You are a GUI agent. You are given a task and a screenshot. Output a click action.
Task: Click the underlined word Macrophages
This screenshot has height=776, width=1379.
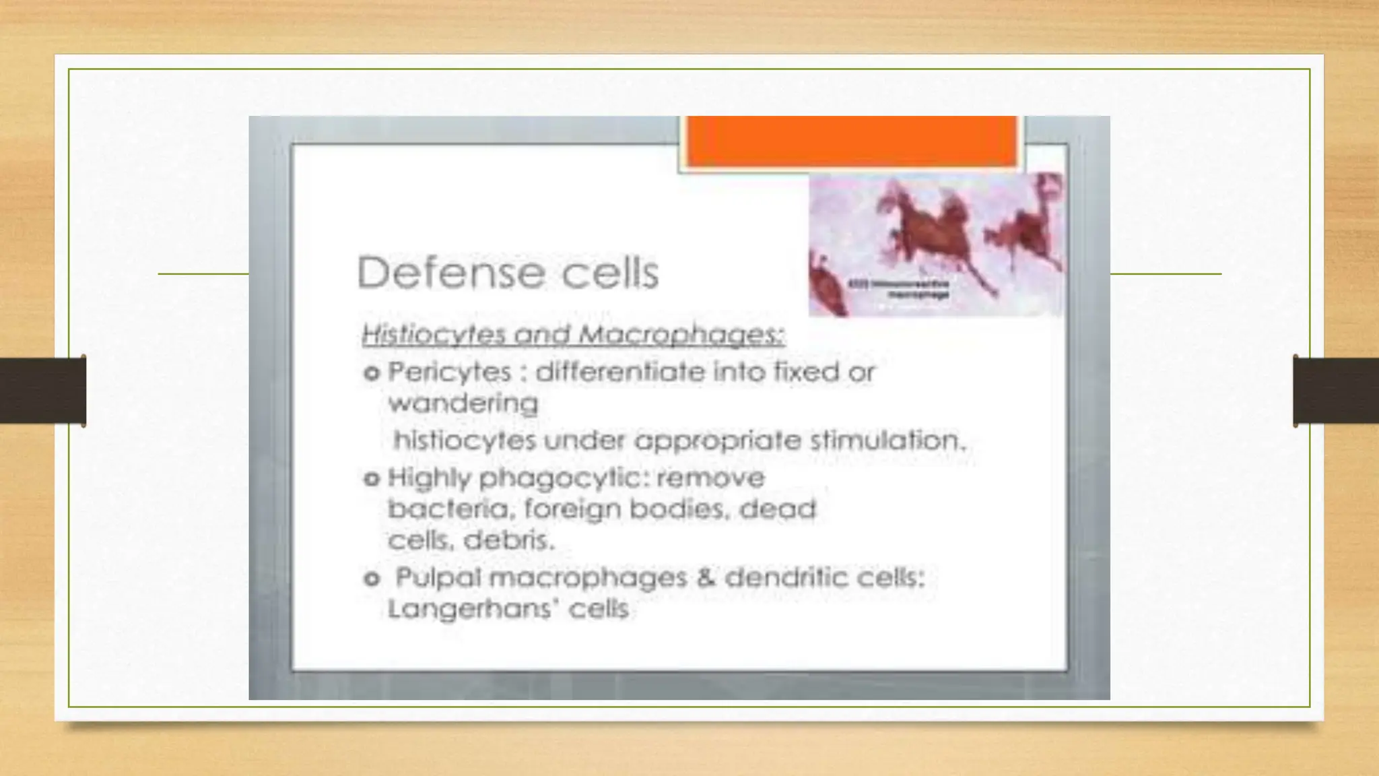tap(680, 335)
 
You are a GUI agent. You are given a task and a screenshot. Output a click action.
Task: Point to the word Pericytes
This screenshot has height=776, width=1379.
tap(449, 372)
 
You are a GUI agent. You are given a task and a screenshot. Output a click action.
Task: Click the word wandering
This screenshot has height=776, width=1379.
tap(463, 403)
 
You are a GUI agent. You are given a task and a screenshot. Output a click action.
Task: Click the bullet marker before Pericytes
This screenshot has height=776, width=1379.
tap(372, 373)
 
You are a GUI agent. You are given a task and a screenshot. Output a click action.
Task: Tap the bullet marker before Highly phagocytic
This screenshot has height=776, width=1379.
tap(372, 479)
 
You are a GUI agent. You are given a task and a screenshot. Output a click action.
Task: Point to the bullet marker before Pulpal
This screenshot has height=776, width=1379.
tap(372, 579)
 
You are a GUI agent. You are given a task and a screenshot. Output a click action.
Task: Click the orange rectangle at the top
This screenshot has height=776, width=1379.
tap(851, 141)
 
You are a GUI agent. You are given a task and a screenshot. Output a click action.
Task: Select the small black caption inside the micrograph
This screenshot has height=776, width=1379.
tap(909, 290)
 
